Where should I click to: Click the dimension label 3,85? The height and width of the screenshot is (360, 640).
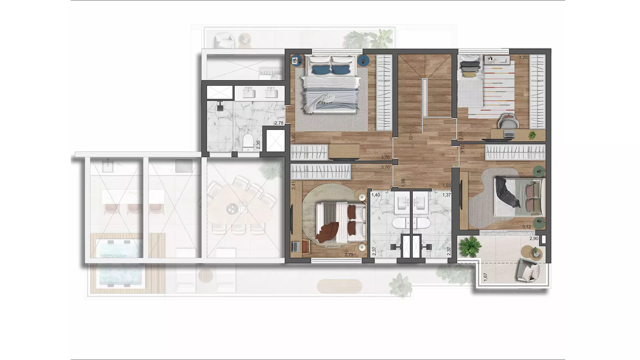point(293,138)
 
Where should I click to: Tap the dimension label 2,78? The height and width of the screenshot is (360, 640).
point(279,123)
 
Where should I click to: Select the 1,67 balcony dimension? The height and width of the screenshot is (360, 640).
point(485,277)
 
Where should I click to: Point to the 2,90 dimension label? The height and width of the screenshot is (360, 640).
point(534,239)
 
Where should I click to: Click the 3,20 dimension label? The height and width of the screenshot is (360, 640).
point(523,57)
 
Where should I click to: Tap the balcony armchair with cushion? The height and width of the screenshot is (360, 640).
point(528,269)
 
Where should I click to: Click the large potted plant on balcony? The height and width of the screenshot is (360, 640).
point(470,246)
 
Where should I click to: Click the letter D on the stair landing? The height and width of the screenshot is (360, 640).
point(411,138)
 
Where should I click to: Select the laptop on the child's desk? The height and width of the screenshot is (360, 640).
point(509,134)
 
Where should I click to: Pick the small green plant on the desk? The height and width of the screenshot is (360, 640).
point(533,135)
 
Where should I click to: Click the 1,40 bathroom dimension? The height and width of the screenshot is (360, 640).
point(376,195)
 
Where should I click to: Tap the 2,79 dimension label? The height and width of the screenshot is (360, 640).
point(349,255)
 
